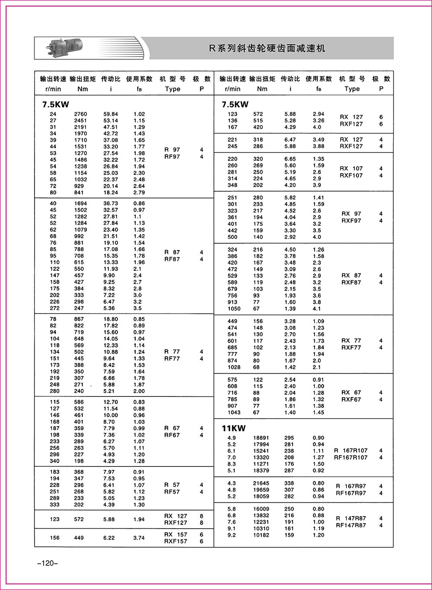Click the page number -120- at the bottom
45,563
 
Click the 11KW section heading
233,428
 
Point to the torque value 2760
80,114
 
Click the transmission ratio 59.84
111,114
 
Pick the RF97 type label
172,157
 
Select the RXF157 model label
175,541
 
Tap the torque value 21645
261,483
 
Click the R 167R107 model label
351,450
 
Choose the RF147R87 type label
351,525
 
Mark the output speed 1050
234,309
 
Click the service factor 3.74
139,538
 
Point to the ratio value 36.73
111,203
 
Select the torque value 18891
261,438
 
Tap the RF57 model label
172,492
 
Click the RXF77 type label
351,348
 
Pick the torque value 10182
261,535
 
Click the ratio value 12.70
111,402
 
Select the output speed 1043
234,412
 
